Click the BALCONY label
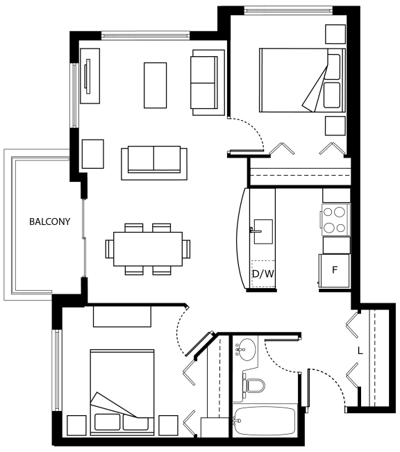50,221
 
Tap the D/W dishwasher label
263,274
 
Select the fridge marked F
335,270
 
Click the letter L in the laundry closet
360,351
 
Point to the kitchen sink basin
263,231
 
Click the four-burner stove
335,220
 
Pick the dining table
148,249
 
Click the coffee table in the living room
155,85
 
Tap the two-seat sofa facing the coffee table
154,163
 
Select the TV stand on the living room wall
90,76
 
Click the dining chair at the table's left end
110,249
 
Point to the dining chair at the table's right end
186,249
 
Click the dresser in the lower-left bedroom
122,316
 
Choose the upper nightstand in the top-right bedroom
335,34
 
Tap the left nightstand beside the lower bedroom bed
76,426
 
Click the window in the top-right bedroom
288,10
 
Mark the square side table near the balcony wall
93,154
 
